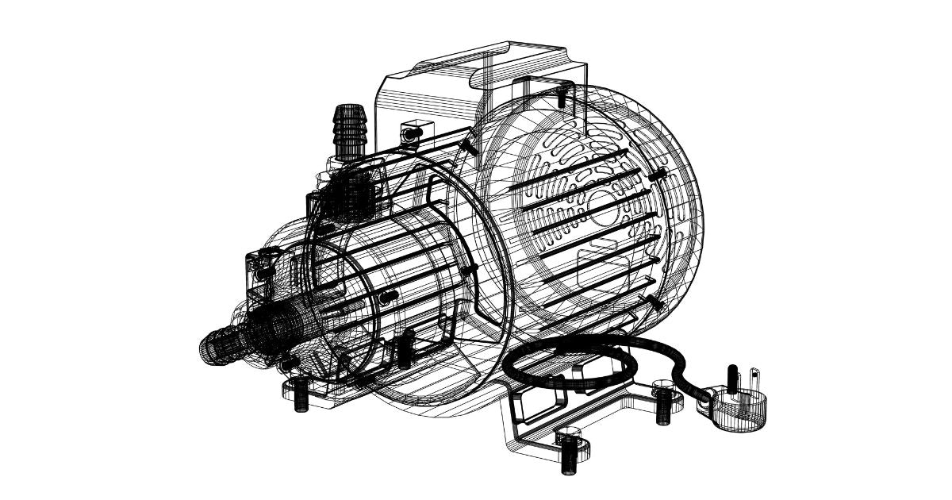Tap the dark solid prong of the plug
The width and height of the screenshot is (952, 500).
tap(735, 378)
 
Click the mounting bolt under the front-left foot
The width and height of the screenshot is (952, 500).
tap(301, 395)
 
